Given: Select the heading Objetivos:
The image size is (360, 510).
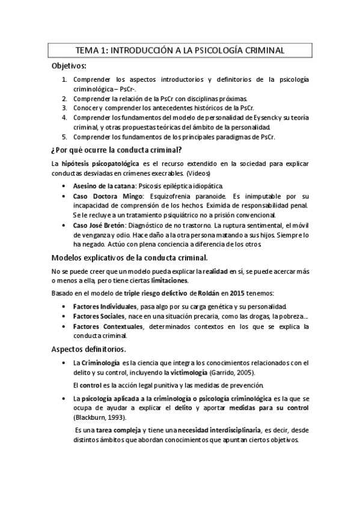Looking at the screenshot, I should pos(69,66).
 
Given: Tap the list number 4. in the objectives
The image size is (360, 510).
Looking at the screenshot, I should pos(65,117).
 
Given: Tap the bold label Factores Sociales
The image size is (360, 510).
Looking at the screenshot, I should pos(99,316).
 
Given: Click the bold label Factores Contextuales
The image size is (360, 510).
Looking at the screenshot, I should pos(108,326).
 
